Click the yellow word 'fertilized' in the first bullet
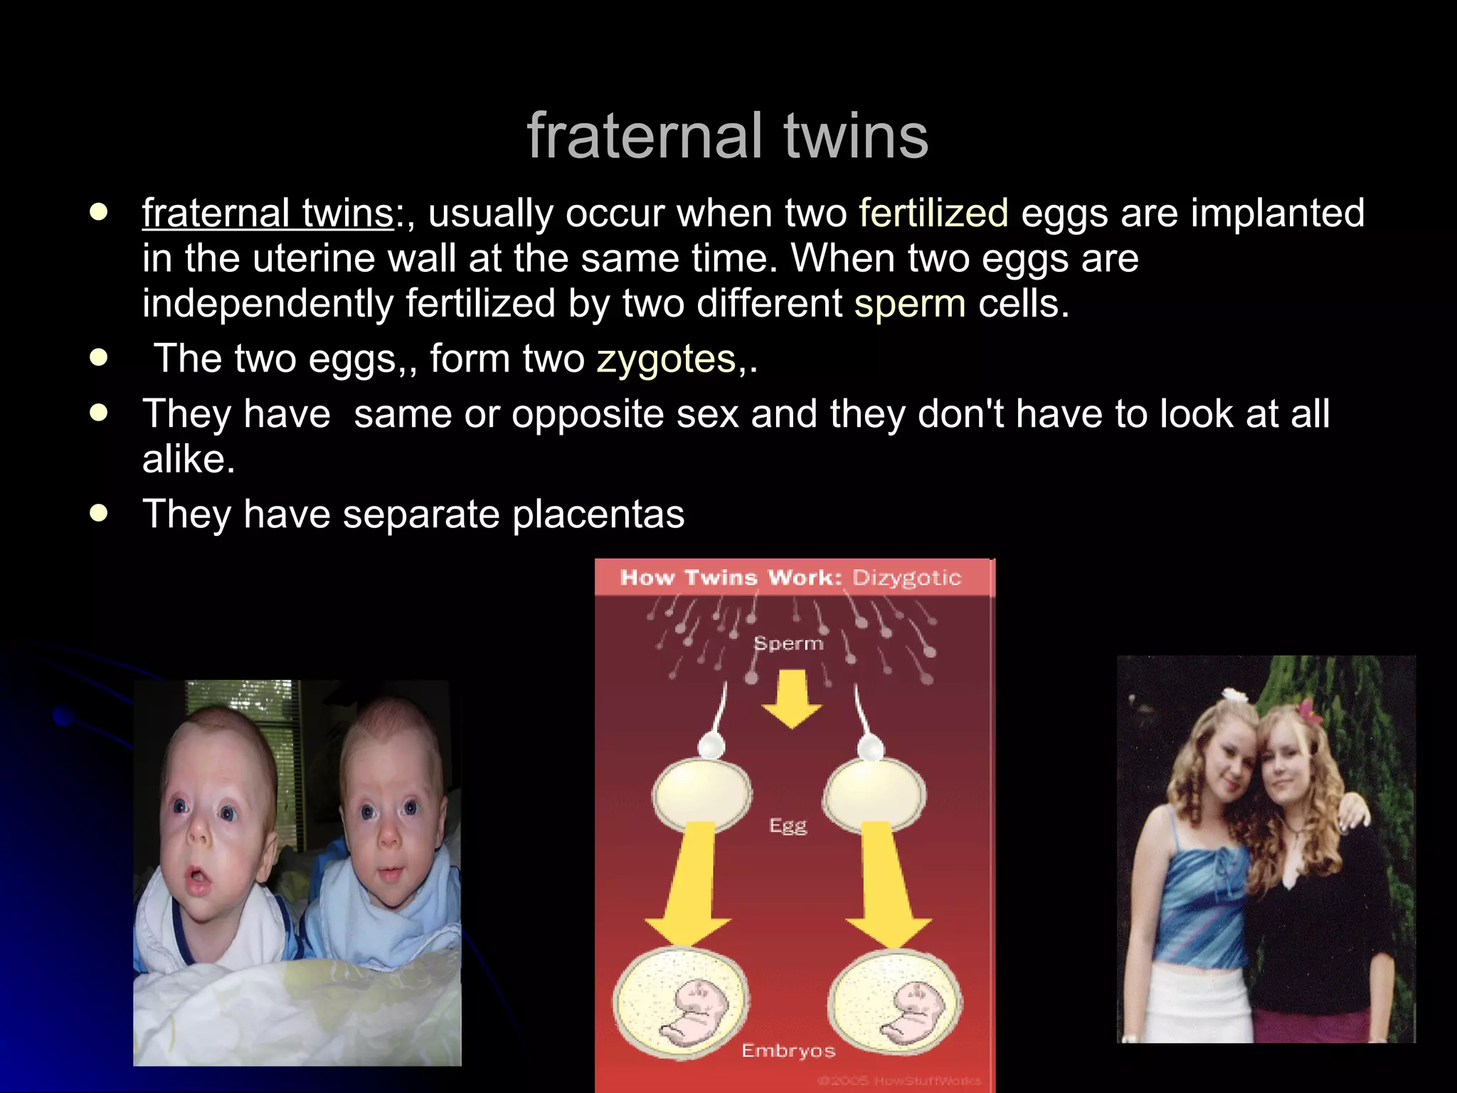point(933,213)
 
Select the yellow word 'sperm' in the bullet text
point(909,304)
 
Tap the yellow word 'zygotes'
point(666,359)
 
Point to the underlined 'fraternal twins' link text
point(267,213)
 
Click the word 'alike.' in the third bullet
point(189,459)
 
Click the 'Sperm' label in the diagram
point(788,643)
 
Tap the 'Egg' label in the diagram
point(788,825)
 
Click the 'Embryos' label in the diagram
point(788,1050)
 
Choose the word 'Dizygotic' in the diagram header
point(906,577)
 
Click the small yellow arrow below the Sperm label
point(791,697)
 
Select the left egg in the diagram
point(701,793)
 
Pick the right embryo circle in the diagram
point(895,1003)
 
